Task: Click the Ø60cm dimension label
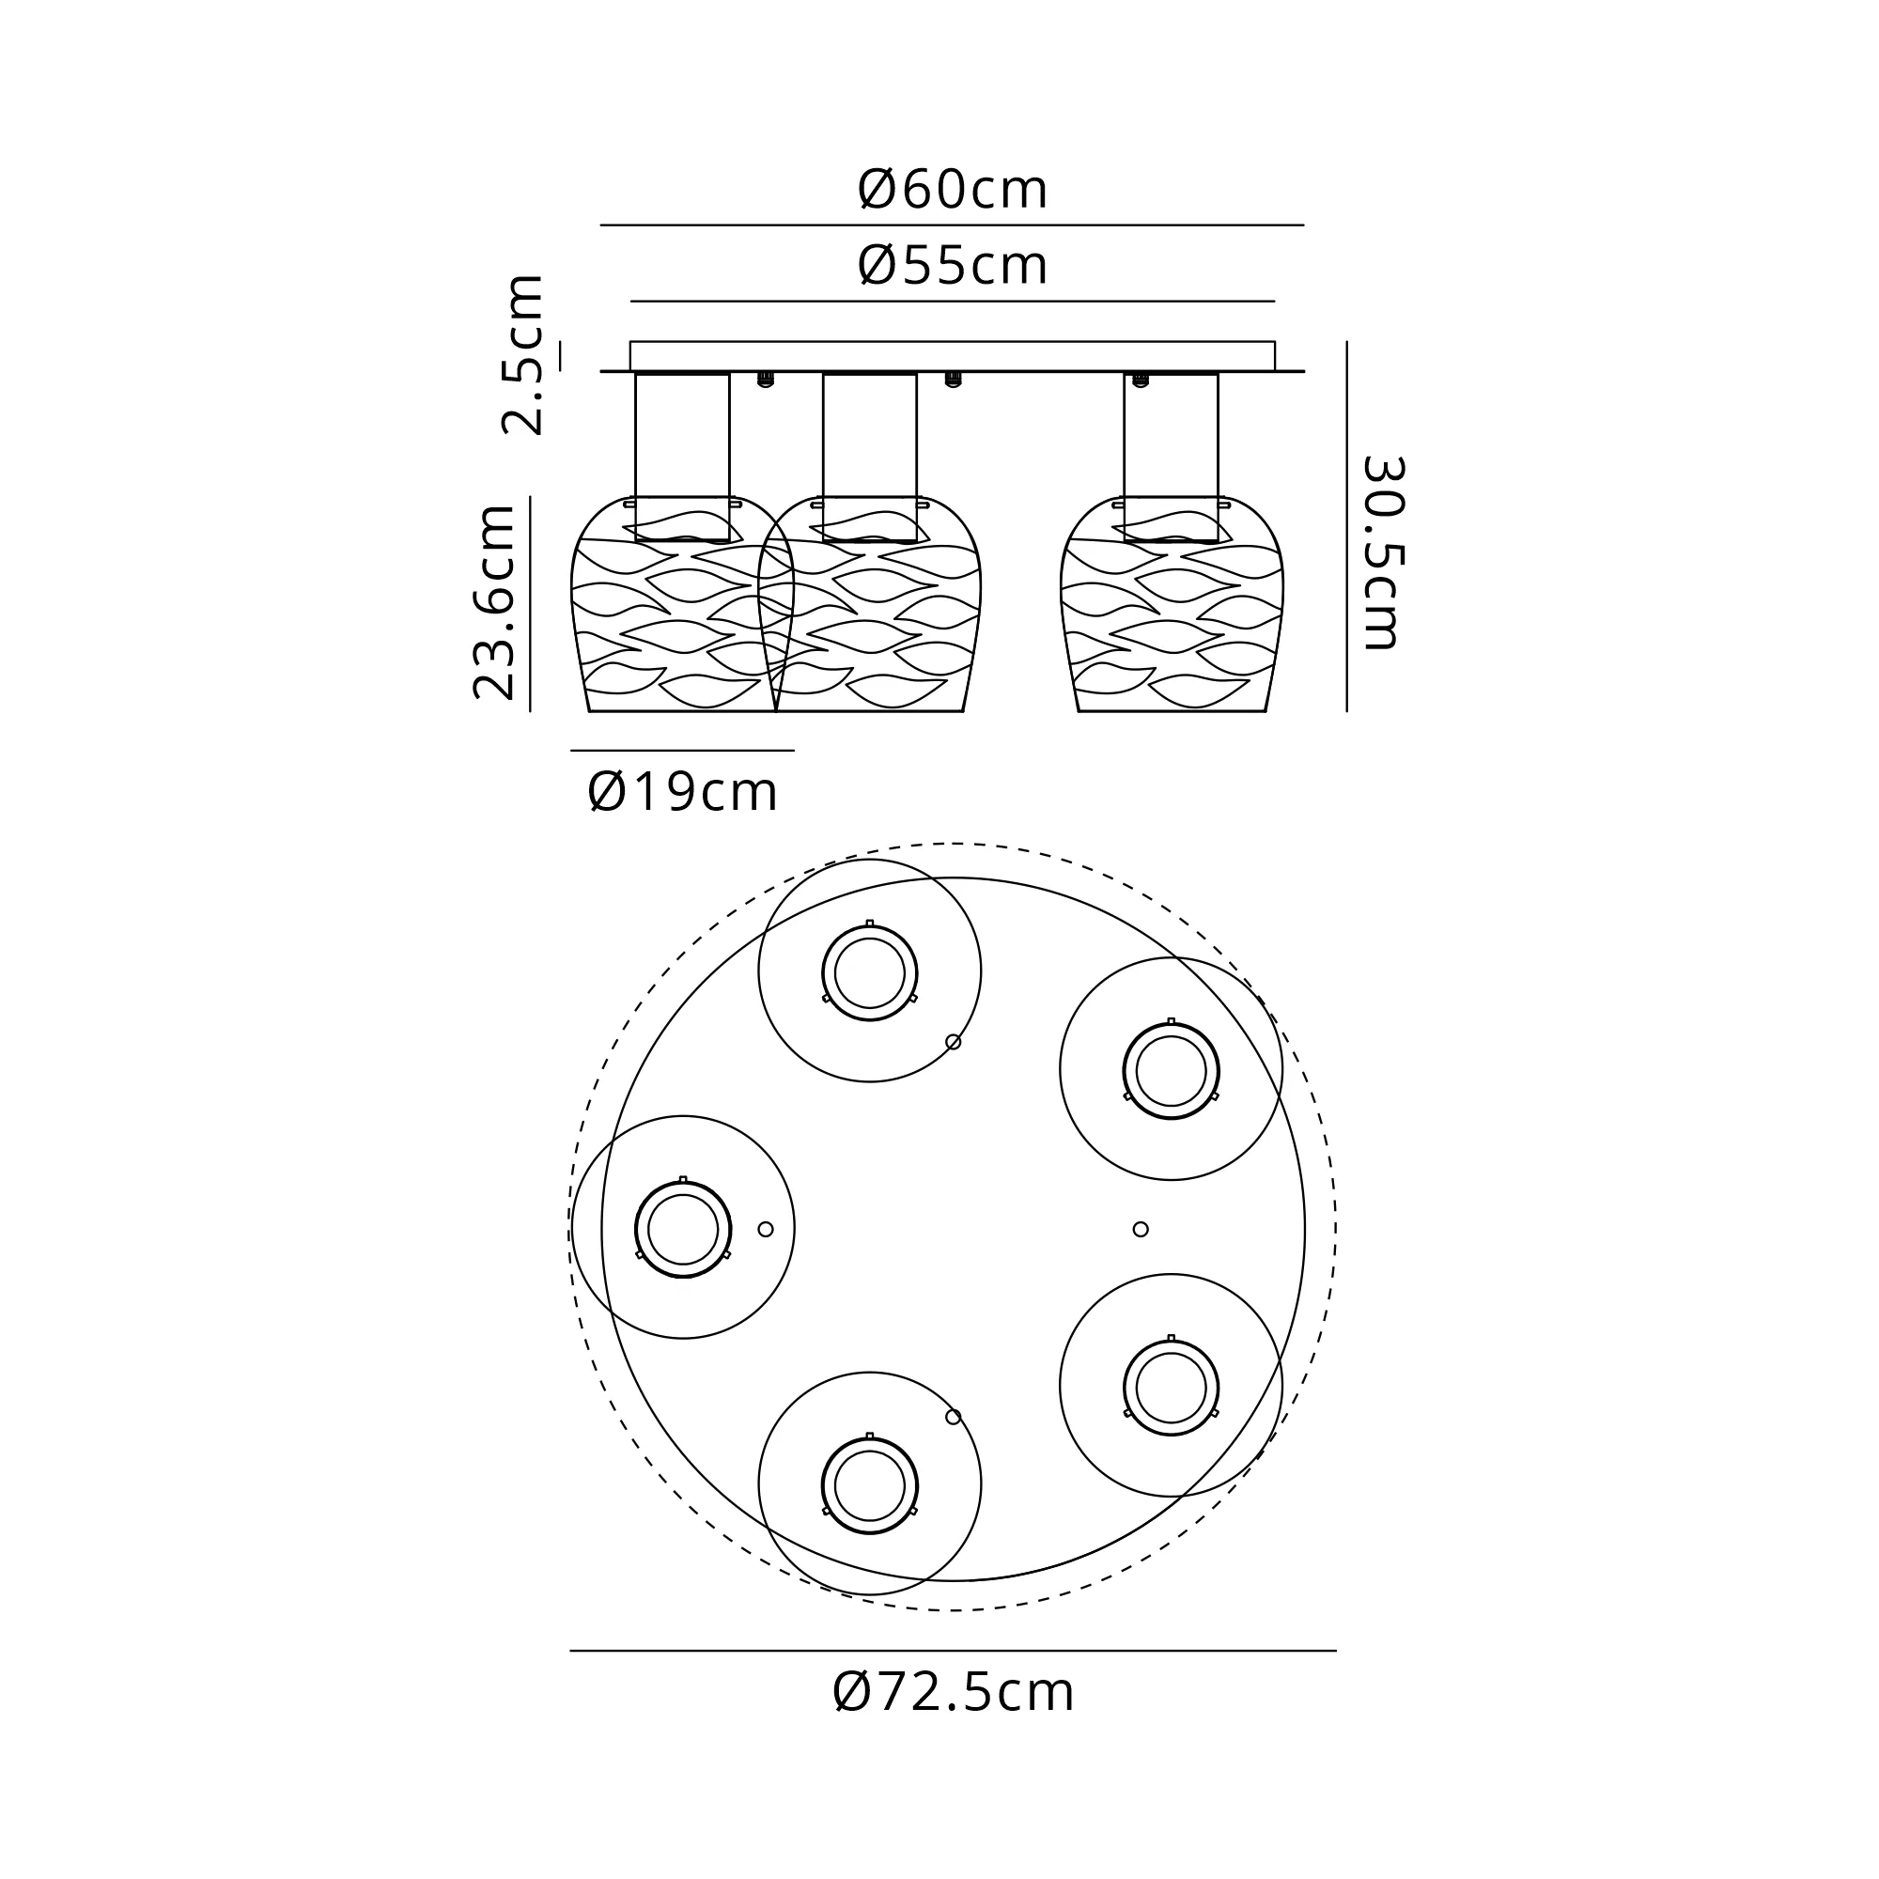(952, 189)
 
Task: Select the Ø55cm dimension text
(952, 265)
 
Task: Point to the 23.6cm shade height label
(493, 602)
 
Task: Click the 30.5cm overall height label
(1381, 551)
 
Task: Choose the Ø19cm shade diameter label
(683, 792)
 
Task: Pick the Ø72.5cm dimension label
(953, 1692)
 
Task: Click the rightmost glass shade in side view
(1172, 605)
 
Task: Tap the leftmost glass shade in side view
(682, 605)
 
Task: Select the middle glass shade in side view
(869, 605)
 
